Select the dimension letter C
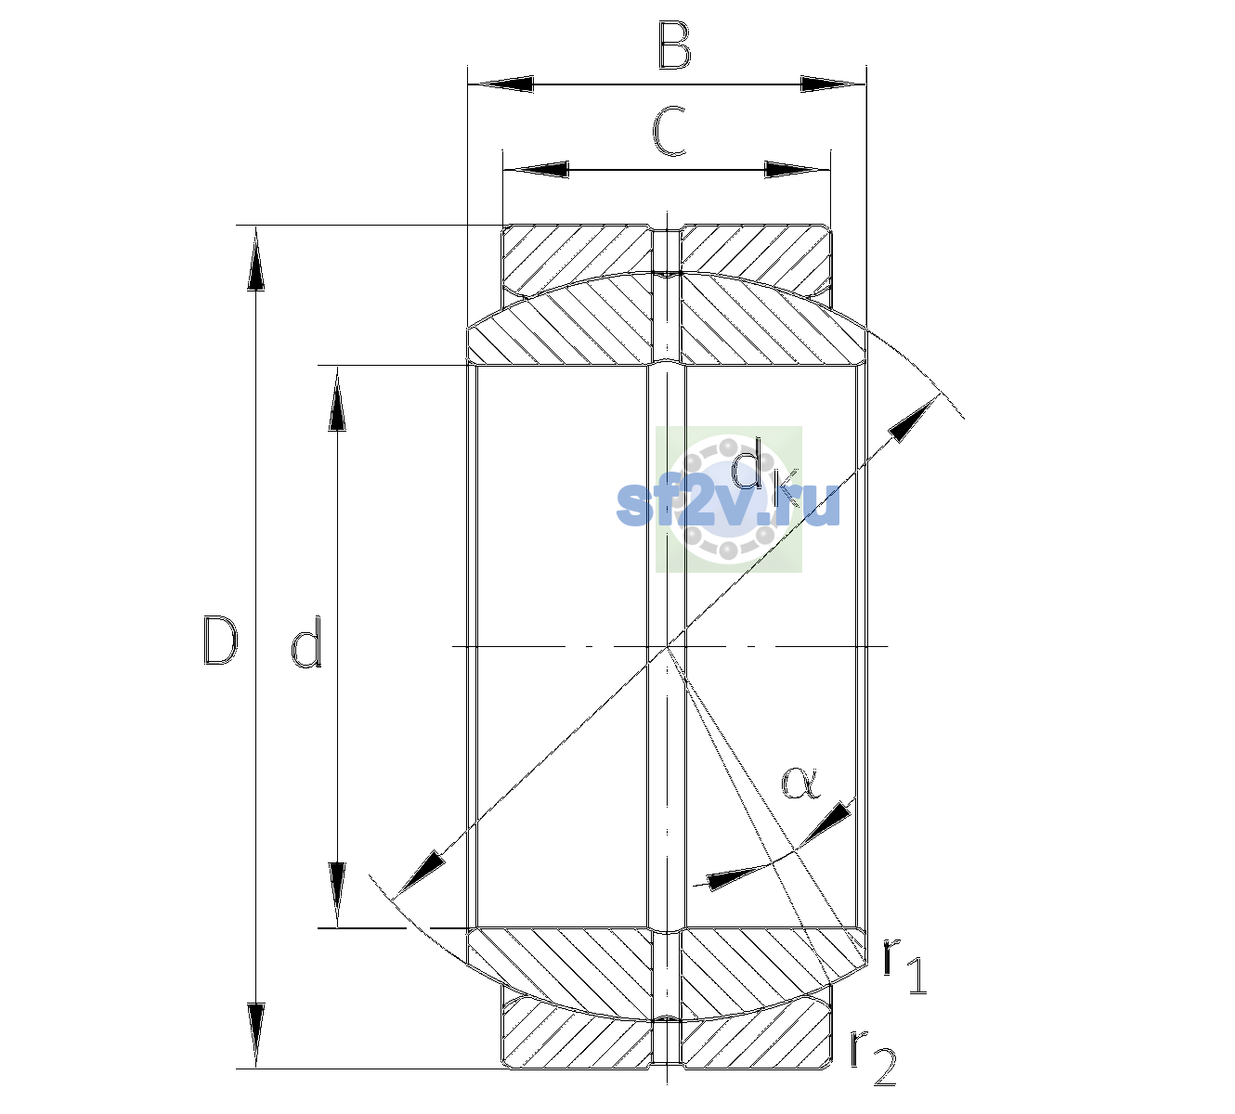tap(669, 131)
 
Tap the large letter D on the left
tap(220, 641)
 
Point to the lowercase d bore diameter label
tap(306, 641)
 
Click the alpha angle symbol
tap(800, 783)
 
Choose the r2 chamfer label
tap(873, 1058)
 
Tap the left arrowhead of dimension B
tap(500, 84)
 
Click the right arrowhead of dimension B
tap(833, 84)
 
